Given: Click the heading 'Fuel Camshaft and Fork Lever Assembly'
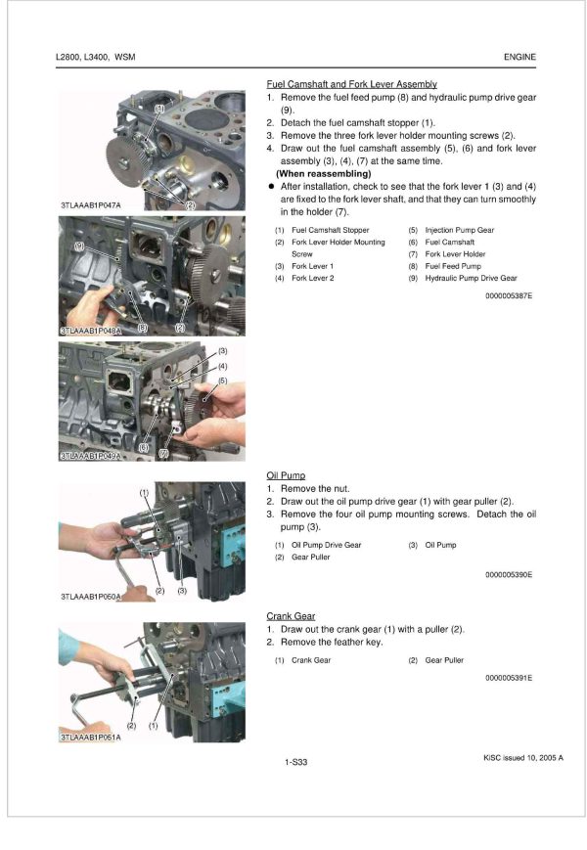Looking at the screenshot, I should pyautogui.click(x=351, y=85).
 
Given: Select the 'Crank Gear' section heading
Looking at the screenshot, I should pyautogui.click(x=291, y=616).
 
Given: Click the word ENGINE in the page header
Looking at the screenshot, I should pyautogui.click(x=519, y=58).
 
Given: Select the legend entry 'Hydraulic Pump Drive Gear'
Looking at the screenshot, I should pyautogui.click(x=471, y=278).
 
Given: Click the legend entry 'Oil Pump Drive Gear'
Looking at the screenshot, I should pyautogui.click(x=326, y=545).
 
